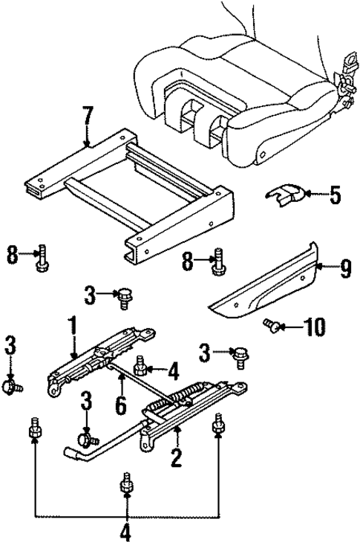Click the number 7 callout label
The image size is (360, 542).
coord(88,117)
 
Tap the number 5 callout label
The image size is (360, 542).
coord(335,196)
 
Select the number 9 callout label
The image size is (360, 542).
coord(345,269)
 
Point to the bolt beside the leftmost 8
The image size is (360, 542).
coord(42,257)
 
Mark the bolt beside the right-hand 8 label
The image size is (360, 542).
coord(219,261)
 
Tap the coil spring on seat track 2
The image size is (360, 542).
coord(177,402)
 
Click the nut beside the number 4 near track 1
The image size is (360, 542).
coord(140,365)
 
